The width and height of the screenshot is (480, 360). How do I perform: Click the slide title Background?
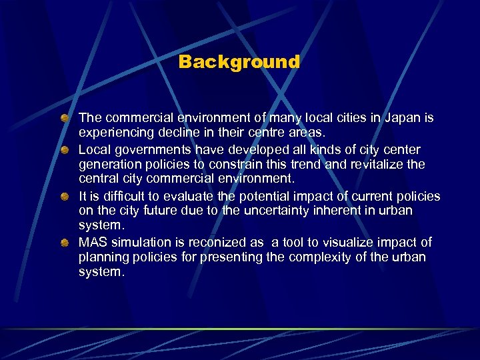[x=239, y=62]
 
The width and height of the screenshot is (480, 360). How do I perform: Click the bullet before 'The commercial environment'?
[x=65, y=118]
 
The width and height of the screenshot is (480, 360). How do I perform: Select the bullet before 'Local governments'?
[x=65, y=149]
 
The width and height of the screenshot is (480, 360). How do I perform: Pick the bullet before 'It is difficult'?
[x=65, y=196]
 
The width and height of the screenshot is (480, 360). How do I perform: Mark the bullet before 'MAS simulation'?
[x=65, y=243]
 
